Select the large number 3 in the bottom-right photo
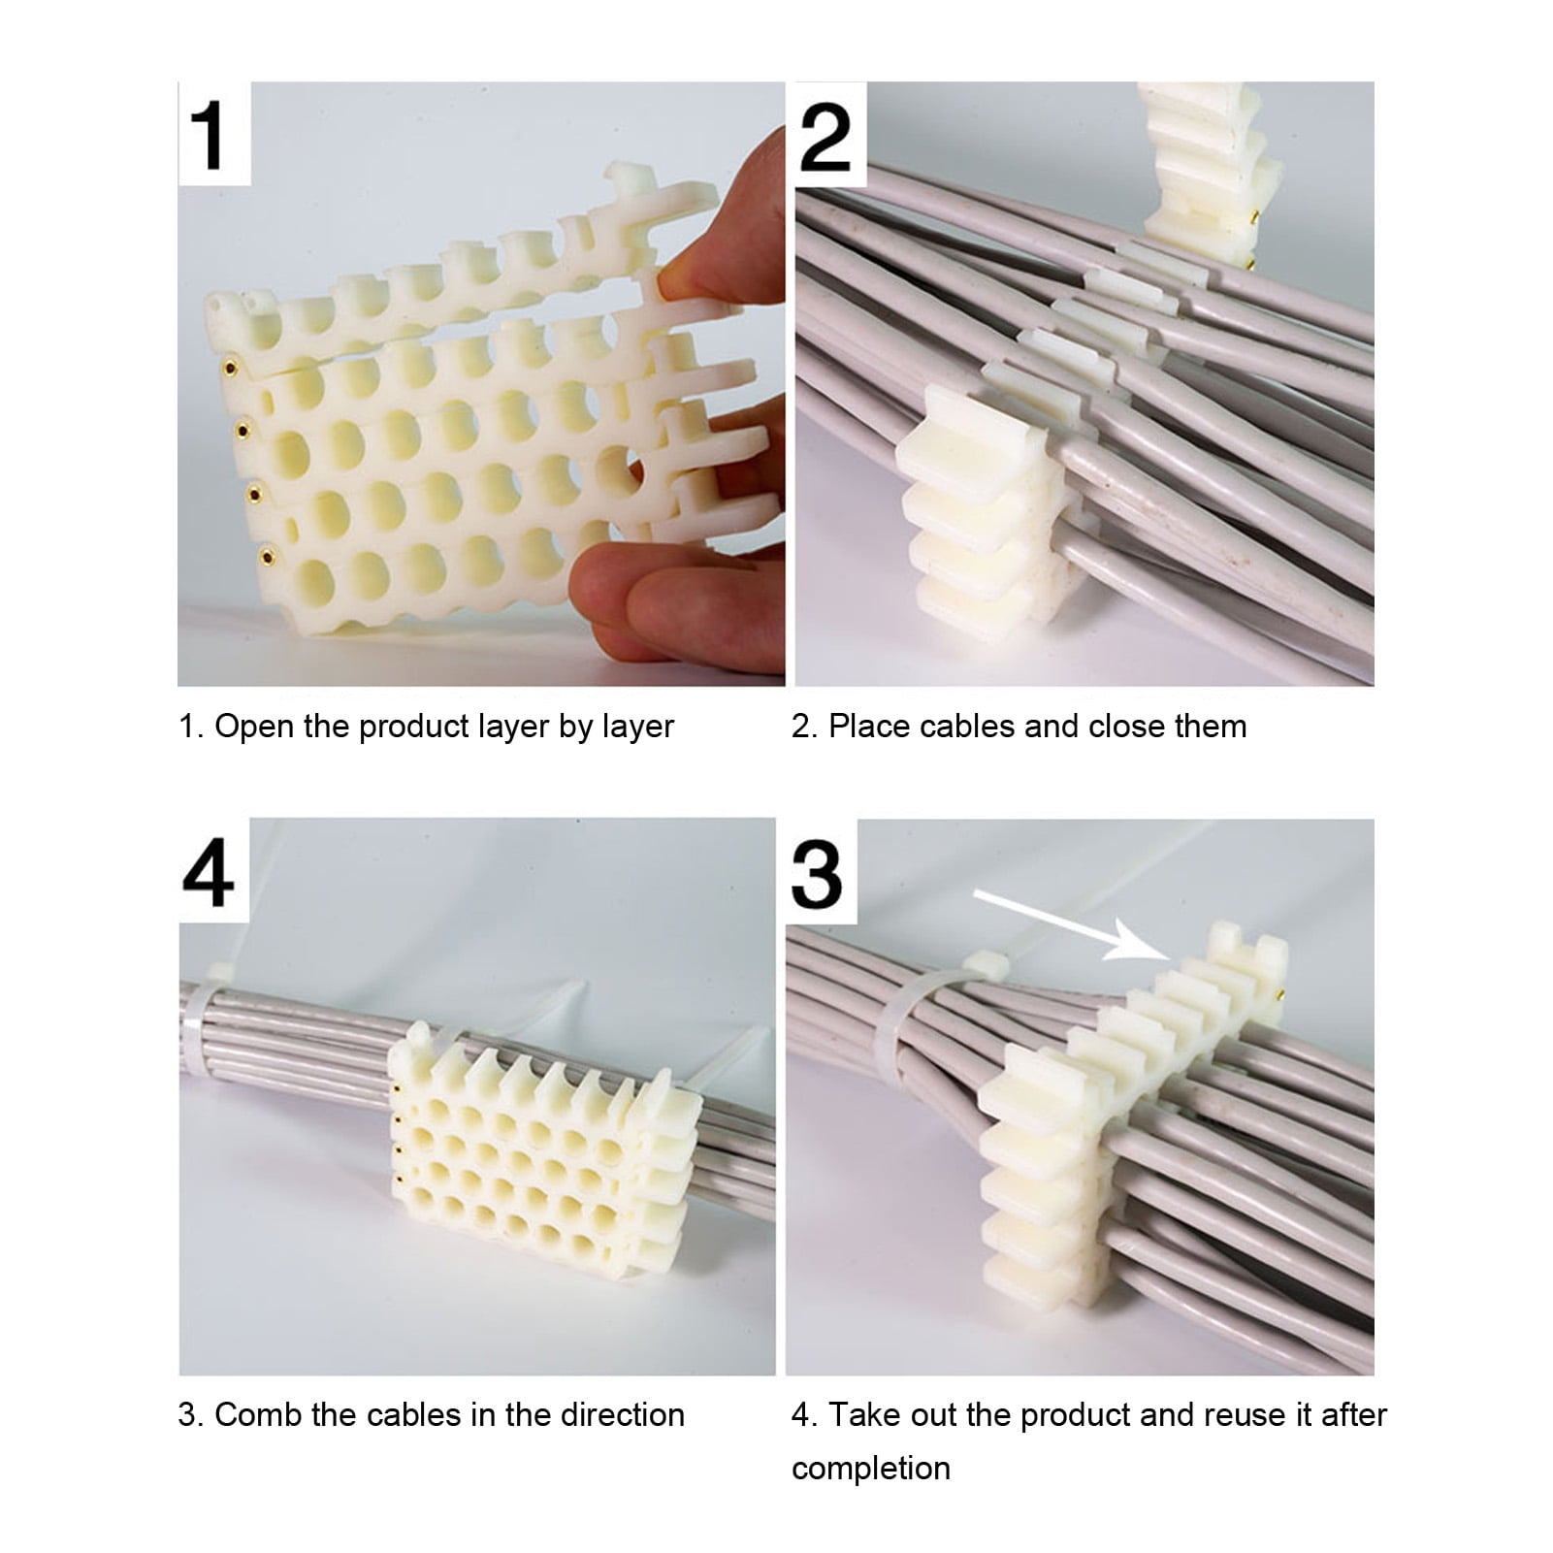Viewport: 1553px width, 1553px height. [817, 874]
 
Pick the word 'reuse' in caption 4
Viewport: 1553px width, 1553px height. [1244, 1414]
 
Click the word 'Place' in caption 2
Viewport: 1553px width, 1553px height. [867, 726]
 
